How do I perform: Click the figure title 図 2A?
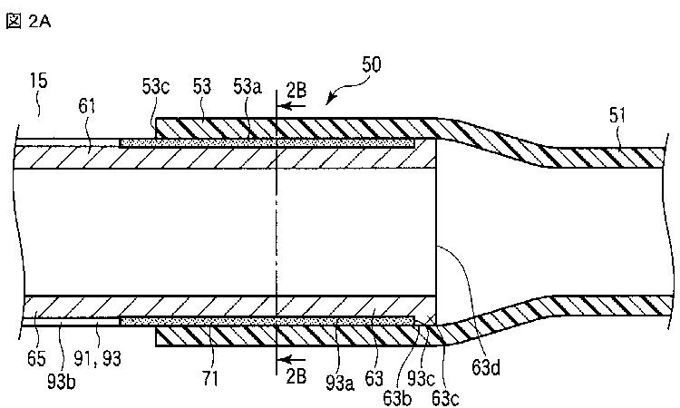[28, 21]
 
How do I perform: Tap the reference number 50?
[371, 64]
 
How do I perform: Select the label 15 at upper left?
[38, 81]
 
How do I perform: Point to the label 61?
[87, 106]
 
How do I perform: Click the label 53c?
[156, 87]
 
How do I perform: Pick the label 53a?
[248, 87]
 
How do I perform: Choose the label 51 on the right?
[617, 116]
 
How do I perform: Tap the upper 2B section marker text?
[296, 91]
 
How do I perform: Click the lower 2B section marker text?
[296, 375]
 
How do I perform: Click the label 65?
[36, 358]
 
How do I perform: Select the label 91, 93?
[98, 358]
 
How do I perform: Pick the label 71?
[209, 379]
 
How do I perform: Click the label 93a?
[340, 382]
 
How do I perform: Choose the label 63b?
[397, 398]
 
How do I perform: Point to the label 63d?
[486, 368]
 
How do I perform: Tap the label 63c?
[445, 398]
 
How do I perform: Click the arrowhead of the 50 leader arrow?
[328, 102]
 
